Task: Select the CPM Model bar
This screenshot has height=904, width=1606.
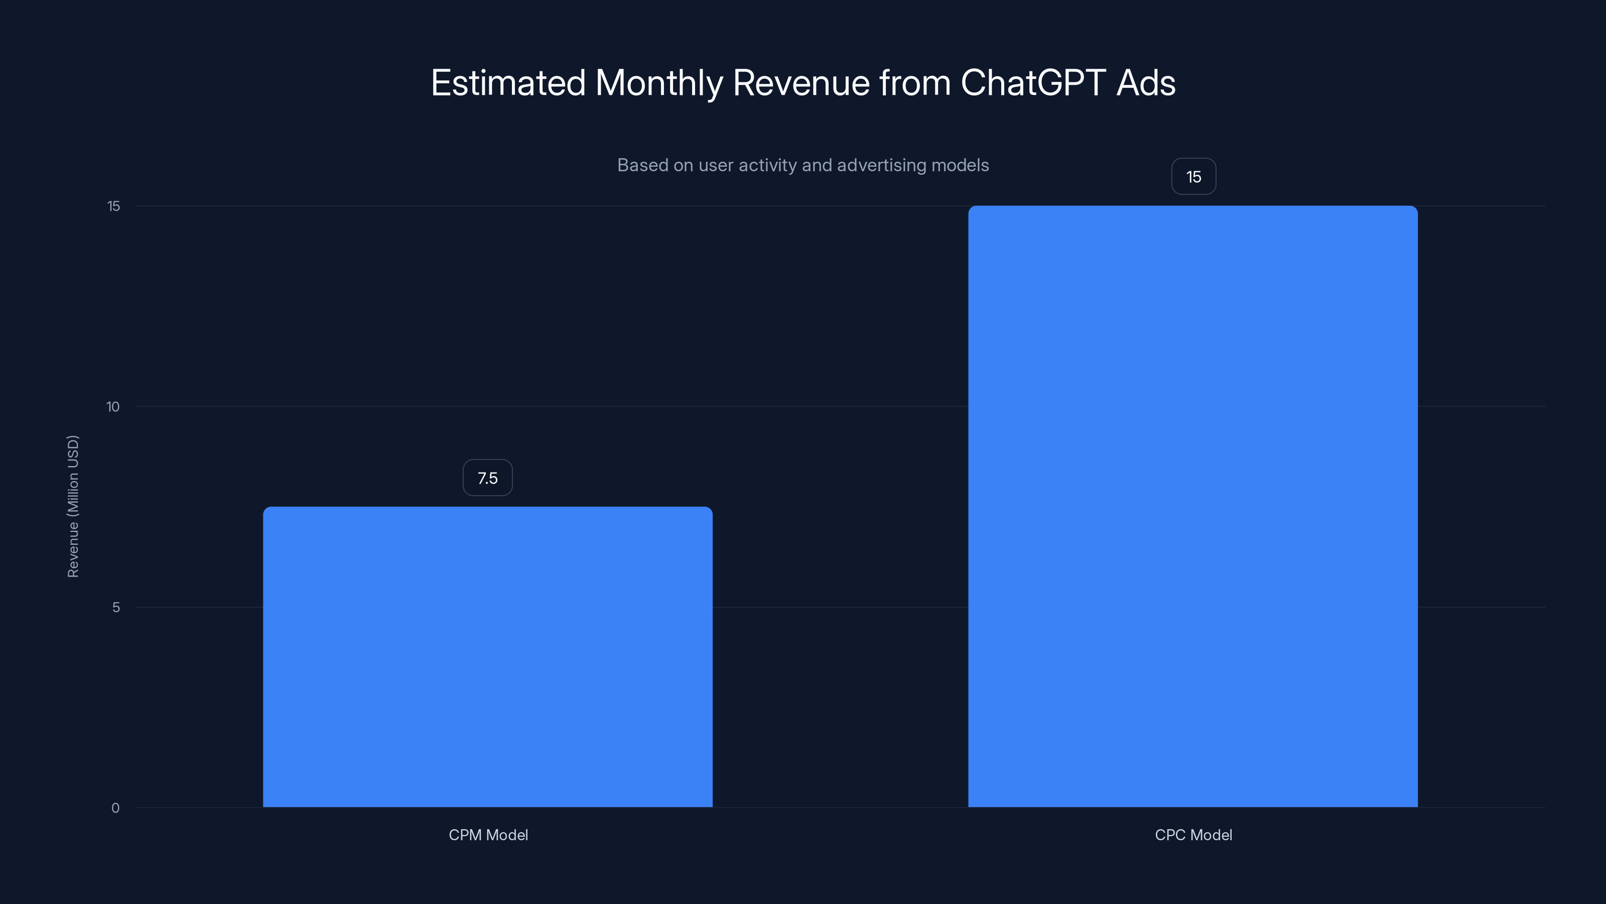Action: tap(487, 656)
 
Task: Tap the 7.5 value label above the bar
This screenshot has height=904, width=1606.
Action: tap(487, 478)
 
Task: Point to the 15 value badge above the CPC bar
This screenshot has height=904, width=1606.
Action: tap(1193, 177)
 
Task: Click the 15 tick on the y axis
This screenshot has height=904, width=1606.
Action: tap(113, 206)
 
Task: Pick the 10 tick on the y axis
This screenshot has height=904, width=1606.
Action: tap(113, 407)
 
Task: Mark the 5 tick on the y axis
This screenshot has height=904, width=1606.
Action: tap(116, 607)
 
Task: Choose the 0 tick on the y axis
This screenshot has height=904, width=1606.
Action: tap(115, 808)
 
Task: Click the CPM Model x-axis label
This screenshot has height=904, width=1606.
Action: tap(488, 835)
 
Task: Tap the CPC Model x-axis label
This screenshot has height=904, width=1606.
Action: tap(1193, 835)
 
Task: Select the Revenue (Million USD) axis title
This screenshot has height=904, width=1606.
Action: tap(73, 506)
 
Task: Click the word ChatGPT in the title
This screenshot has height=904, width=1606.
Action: tap(1033, 82)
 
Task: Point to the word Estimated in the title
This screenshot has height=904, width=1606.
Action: tap(508, 82)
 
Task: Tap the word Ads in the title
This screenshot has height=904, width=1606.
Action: tap(1146, 82)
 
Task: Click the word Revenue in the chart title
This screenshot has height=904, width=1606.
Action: tap(801, 82)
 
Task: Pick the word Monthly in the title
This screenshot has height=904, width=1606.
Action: tap(658, 83)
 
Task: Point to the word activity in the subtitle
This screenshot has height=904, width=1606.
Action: tap(767, 165)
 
